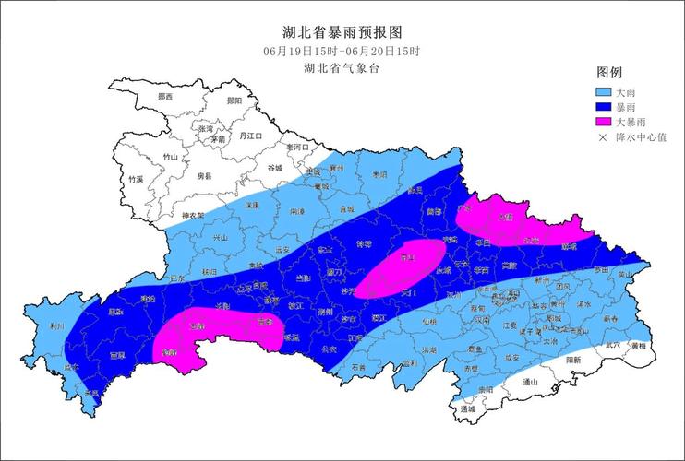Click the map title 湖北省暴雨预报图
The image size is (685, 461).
click(x=342, y=32)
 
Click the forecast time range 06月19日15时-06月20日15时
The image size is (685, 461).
click(x=342, y=51)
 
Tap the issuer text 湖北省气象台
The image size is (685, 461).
click(x=342, y=68)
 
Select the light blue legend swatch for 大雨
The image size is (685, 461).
click(x=604, y=92)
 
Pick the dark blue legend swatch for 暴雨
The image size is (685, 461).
click(x=604, y=107)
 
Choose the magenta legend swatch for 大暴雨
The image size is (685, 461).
click(x=604, y=122)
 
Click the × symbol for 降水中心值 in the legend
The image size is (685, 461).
click(x=604, y=137)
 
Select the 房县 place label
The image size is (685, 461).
click(x=204, y=175)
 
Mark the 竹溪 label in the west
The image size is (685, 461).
click(x=137, y=179)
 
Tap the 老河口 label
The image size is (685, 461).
click(x=298, y=148)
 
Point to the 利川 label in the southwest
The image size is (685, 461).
click(x=57, y=326)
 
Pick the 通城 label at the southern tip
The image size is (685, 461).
click(x=466, y=408)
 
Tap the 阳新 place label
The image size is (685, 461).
click(x=573, y=361)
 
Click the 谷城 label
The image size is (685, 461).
click(x=275, y=169)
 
